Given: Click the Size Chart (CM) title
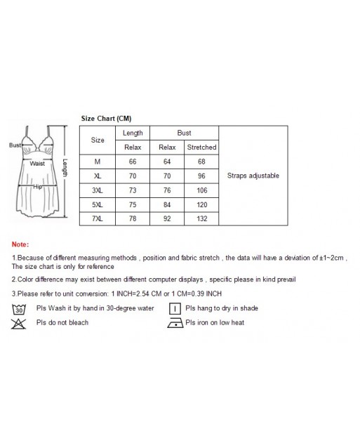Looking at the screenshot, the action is (x=106, y=119).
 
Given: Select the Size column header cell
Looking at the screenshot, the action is (x=98, y=140).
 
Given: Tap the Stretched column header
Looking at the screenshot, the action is (x=201, y=147).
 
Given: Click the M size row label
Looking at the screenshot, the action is (x=98, y=162).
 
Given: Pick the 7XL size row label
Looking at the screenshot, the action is (x=98, y=218).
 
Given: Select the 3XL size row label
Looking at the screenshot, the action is (x=98, y=190).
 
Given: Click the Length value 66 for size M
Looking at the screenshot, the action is (x=133, y=162).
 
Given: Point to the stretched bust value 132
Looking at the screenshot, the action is (x=201, y=218).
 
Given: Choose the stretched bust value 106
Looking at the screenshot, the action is (x=201, y=190).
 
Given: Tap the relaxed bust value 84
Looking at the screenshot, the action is (x=167, y=204).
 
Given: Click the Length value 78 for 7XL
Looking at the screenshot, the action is (x=133, y=218).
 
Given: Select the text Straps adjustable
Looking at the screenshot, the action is (x=253, y=176).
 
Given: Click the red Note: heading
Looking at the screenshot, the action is (x=20, y=244).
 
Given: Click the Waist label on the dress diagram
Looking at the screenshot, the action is (x=37, y=163).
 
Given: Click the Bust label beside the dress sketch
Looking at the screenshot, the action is (x=15, y=145).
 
